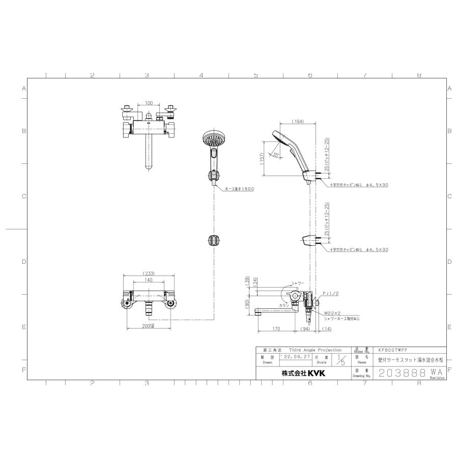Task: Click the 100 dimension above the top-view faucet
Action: (x=149, y=103)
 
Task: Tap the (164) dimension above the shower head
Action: (x=298, y=122)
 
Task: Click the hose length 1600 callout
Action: (x=239, y=188)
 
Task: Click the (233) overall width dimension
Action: (x=149, y=273)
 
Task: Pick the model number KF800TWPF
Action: (x=393, y=350)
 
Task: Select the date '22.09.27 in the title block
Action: (x=292, y=358)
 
